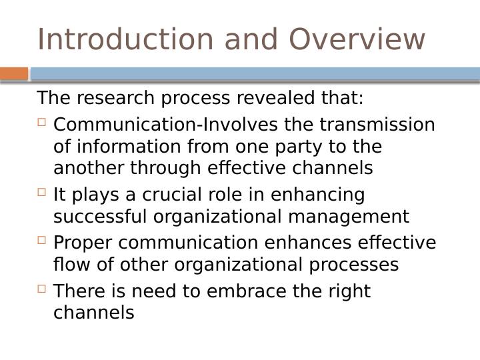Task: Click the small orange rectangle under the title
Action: point(14,73)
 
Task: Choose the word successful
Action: point(101,217)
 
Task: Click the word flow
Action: point(71,265)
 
